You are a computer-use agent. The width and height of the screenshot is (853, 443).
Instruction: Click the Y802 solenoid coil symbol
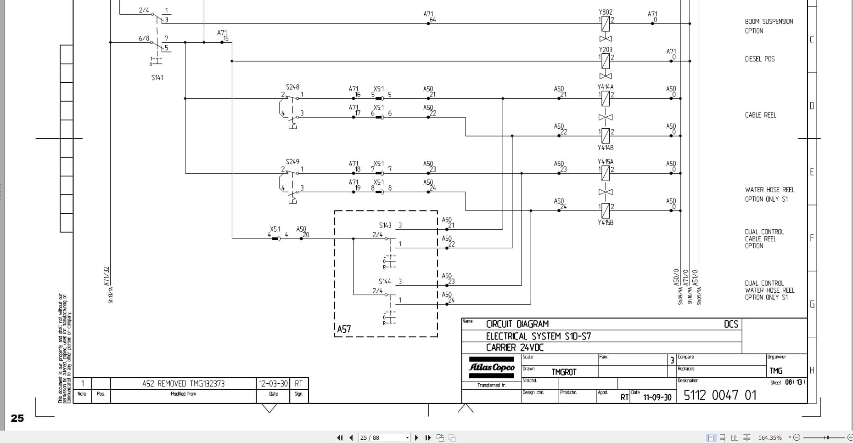[606, 23]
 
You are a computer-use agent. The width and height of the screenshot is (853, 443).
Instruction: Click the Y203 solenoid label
[606, 50]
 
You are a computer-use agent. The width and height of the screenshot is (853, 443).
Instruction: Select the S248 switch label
[292, 87]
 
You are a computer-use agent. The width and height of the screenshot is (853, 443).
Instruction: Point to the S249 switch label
[292, 162]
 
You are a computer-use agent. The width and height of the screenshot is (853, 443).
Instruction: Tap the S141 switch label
[157, 78]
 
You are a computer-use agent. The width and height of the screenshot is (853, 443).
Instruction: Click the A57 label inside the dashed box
[344, 329]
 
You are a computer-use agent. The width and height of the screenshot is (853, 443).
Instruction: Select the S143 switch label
[385, 225]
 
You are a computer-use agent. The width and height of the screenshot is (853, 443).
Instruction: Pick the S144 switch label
[385, 281]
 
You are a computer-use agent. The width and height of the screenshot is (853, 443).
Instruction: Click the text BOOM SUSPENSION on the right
[769, 22]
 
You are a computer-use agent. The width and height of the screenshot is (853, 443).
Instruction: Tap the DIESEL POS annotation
[759, 59]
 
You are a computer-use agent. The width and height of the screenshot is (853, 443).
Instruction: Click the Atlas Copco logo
[491, 367]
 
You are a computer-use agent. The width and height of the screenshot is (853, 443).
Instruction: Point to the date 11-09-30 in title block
[657, 398]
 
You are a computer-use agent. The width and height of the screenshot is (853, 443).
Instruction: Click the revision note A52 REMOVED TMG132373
[183, 384]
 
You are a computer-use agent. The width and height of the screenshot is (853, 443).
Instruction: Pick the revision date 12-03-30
[273, 384]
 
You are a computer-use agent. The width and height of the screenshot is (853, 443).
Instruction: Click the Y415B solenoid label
[605, 222]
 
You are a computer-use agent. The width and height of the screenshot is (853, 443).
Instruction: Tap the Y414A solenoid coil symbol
[606, 98]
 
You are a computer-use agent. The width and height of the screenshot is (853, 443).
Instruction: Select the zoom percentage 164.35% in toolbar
[769, 437]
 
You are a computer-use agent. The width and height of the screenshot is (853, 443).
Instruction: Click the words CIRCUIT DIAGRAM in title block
[517, 324]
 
